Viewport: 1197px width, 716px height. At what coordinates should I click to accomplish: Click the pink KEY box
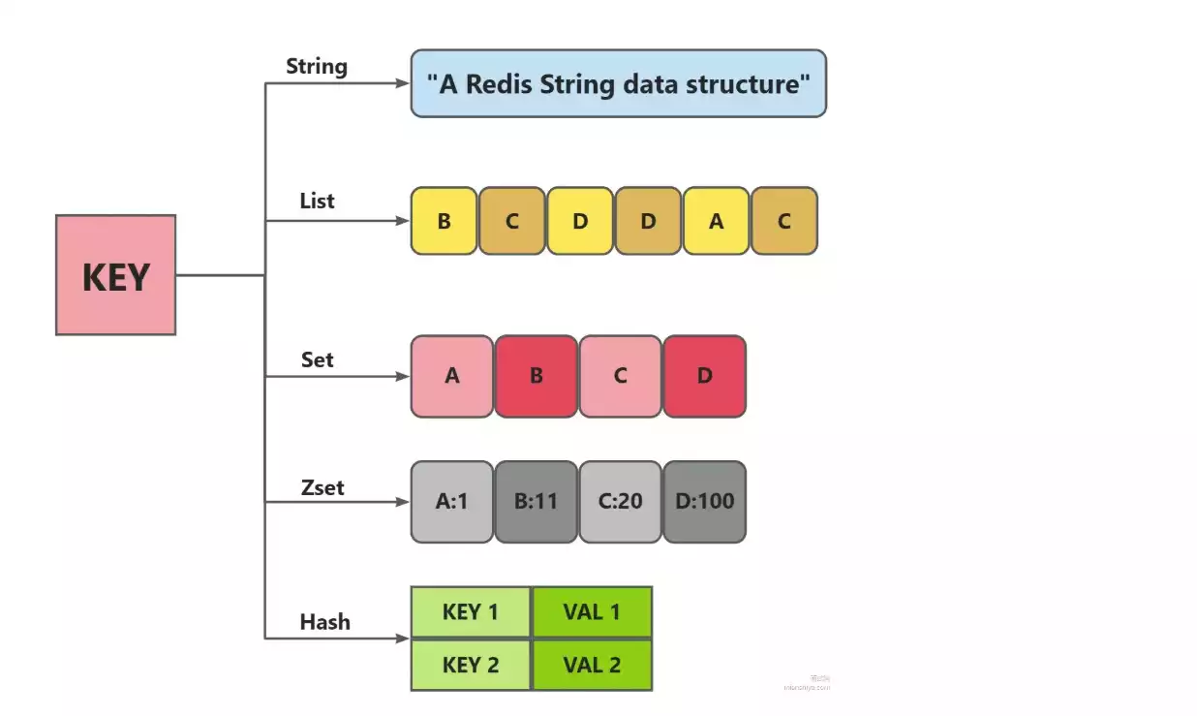coord(116,275)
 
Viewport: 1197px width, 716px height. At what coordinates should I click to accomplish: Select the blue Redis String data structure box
coord(618,84)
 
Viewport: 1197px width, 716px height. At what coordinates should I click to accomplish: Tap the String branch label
coord(317,67)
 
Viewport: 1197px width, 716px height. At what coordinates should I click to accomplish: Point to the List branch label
coord(317,202)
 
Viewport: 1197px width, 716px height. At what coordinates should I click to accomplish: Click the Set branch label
coord(317,360)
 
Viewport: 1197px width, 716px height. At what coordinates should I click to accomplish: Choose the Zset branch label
coord(322,487)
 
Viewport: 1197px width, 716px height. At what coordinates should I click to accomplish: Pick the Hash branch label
coord(324,622)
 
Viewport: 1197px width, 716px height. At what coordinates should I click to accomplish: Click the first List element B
coord(445,221)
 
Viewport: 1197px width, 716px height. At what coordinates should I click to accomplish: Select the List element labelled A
coord(716,221)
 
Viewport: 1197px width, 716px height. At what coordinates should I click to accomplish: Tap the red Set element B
coord(537,376)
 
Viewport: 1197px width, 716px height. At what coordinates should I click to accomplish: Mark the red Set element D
coord(704,376)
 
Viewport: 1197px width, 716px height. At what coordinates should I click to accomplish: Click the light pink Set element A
coord(452,376)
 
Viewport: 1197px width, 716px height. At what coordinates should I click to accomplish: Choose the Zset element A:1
coord(452,502)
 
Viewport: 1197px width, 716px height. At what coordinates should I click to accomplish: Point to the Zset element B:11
coord(537,502)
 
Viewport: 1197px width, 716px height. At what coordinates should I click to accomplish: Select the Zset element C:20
coord(621,502)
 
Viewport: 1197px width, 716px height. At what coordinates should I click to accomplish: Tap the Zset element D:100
coord(704,502)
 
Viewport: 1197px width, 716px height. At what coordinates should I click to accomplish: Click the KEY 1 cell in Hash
coord(471,612)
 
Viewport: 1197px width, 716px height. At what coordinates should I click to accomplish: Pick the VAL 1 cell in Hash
coord(592,612)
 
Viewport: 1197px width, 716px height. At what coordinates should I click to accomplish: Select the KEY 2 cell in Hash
coord(471,665)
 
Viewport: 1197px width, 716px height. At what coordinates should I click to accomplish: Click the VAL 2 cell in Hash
coord(592,665)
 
